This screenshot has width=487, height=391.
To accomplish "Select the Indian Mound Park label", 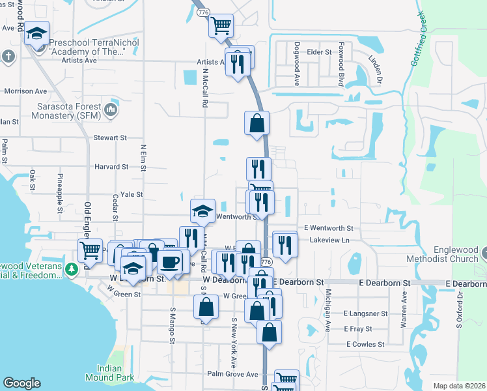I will [x=109, y=373].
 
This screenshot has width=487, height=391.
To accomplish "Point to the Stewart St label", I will [x=109, y=138].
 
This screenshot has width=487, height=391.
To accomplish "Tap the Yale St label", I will [x=131, y=194].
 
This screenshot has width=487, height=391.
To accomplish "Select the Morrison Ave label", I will [x=25, y=91].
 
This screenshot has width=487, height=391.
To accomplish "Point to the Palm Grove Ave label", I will [x=232, y=374].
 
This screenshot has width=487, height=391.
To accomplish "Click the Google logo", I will [x=21, y=383].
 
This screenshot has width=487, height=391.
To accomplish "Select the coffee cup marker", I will [x=169, y=261].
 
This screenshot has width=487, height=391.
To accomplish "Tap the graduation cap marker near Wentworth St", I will [x=202, y=210].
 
